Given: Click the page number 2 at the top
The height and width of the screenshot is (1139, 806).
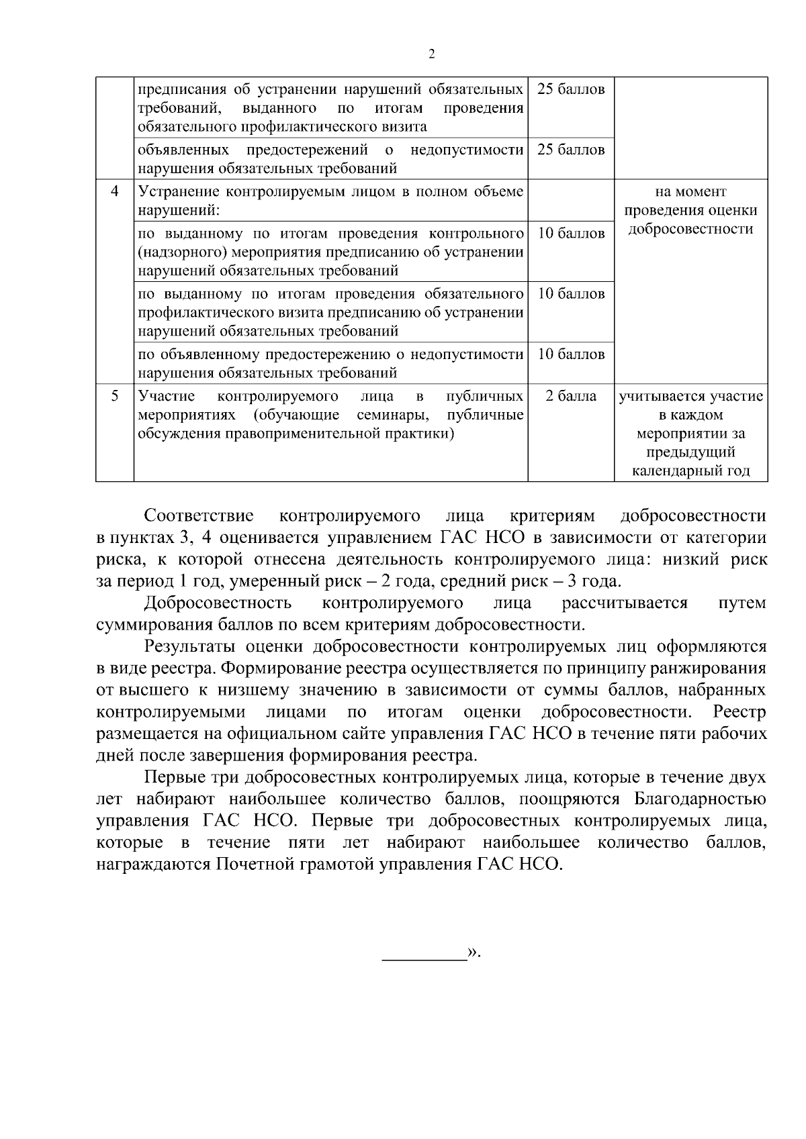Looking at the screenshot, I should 431,54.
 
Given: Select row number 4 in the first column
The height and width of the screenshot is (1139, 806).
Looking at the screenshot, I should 115,191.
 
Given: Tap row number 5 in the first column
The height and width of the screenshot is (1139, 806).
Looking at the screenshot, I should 115,396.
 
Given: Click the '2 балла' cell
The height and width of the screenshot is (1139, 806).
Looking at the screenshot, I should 571,396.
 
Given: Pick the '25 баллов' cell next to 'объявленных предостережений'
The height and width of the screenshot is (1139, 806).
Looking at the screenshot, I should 571,150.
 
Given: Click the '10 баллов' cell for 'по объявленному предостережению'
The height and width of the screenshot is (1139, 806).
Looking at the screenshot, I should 571,354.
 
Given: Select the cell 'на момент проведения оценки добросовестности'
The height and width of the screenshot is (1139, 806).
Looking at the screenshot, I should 690,210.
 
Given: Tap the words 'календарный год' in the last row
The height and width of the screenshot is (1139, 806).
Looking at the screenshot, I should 690,471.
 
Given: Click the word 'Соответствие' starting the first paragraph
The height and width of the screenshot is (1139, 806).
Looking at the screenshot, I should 199,516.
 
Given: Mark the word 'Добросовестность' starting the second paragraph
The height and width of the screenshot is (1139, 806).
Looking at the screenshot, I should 218,603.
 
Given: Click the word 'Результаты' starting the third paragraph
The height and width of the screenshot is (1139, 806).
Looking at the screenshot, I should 190,646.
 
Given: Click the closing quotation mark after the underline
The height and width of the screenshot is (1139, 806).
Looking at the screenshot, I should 473,952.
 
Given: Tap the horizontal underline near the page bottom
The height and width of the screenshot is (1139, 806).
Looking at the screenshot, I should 424,961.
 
